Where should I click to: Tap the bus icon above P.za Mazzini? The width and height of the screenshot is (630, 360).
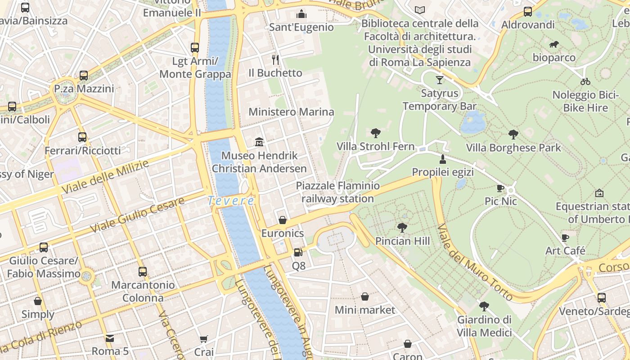(x=84, y=75)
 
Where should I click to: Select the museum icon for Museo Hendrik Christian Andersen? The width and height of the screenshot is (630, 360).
(x=259, y=142)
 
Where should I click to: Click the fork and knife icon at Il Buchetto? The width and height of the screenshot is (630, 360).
(x=275, y=59)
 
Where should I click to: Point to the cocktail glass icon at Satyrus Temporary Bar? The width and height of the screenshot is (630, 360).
(x=439, y=80)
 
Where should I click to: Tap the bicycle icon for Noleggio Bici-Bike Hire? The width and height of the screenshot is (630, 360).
(x=585, y=81)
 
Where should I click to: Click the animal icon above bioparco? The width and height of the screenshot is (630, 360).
(x=554, y=44)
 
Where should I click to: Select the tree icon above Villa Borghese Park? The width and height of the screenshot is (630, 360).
(x=513, y=134)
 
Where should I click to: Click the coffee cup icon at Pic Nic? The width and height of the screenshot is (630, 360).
(x=500, y=188)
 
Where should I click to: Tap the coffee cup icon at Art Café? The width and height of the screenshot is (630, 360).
(x=565, y=237)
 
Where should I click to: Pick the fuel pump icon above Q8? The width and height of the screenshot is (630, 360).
(x=298, y=252)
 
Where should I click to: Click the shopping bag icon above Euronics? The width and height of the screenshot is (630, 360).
(x=283, y=220)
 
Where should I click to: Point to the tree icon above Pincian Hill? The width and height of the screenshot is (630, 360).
(x=402, y=228)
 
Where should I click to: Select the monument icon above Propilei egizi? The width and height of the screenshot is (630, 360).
(x=443, y=159)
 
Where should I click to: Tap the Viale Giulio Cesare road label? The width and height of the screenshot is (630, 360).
(x=137, y=215)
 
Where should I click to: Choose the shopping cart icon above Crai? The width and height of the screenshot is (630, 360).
(x=204, y=338)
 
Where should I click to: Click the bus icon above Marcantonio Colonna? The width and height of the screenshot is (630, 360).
(x=143, y=271)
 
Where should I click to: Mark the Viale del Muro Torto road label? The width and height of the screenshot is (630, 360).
(x=475, y=262)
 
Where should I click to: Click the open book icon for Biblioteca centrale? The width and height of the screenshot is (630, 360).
(x=420, y=10)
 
